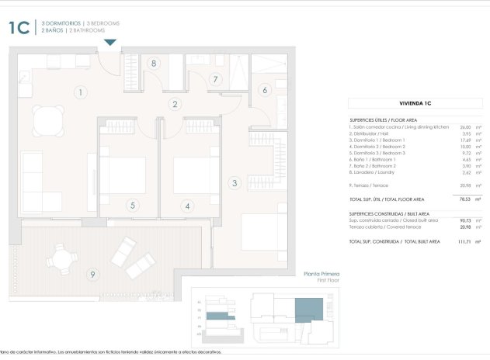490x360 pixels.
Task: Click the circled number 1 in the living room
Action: click(x=80, y=93)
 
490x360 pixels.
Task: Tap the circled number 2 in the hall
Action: click(x=175, y=104)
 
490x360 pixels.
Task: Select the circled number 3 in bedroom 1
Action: click(x=234, y=184)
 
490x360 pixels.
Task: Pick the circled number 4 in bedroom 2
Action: click(x=186, y=206)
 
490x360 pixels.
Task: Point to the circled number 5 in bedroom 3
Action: click(x=133, y=206)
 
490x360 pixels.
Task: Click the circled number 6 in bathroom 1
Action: click(x=264, y=91)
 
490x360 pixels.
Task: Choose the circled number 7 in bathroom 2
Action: click(x=216, y=78)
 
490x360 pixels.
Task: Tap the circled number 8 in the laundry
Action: click(x=155, y=64)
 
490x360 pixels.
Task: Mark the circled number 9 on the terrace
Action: click(x=92, y=273)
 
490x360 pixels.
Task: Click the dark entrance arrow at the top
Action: click(x=110, y=42)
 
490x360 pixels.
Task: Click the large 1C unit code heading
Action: click(x=19, y=28)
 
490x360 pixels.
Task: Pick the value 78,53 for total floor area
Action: click(x=464, y=199)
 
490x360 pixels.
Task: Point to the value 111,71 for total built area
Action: click(x=463, y=241)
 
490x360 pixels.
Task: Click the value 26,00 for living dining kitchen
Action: click(x=465, y=126)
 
